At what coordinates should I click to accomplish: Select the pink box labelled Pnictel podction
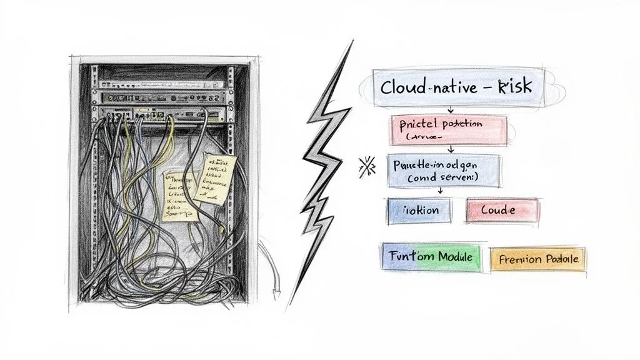[x=447, y=129]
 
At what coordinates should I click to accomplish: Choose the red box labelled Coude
[x=501, y=211]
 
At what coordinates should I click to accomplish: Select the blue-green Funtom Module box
[x=431, y=256]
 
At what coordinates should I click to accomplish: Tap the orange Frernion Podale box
[x=538, y=259]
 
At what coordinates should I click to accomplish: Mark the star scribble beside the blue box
[x=367, y=167]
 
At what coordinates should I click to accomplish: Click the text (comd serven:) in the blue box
[x=443, y=178]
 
